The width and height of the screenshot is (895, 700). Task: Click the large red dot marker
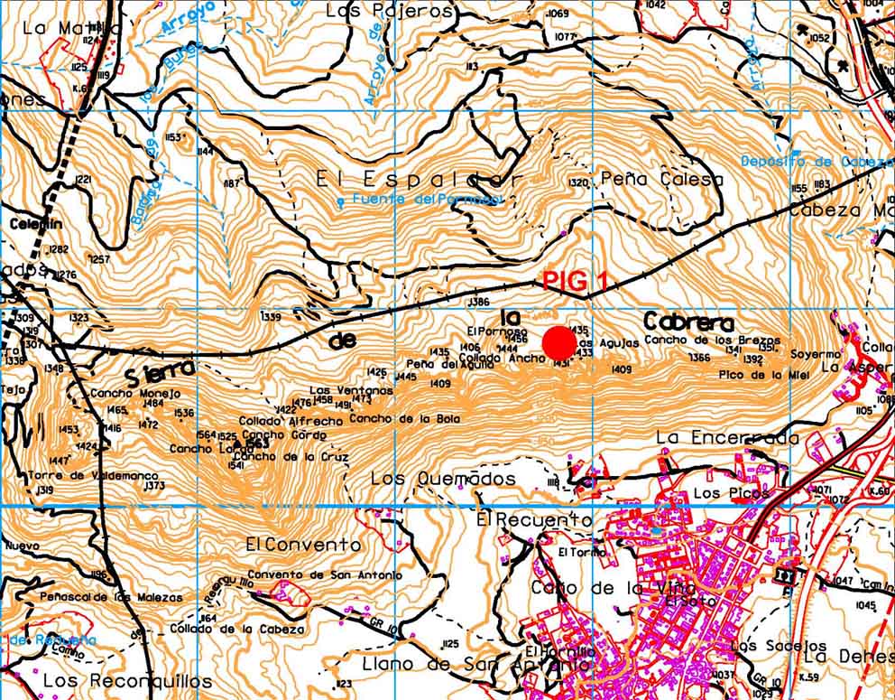[559, 342]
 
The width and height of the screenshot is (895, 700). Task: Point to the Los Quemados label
[444, 479]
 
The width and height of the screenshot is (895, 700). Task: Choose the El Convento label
[303, 545]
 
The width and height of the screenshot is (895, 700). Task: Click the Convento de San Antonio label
[325, 575]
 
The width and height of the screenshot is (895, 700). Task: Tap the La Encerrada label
[727, 438]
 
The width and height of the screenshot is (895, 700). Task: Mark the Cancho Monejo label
[135, 394]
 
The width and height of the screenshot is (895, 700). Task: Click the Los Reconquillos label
[127, 680]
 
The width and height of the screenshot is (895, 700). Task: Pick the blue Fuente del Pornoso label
[427, 199]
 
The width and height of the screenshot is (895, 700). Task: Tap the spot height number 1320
[578, 182]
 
